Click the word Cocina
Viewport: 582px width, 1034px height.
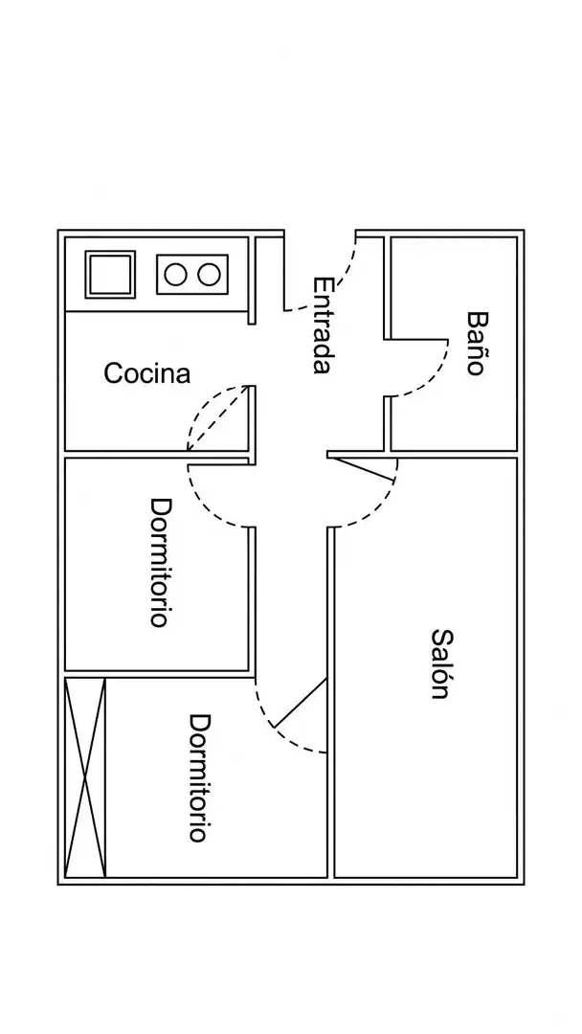tap(147, 373)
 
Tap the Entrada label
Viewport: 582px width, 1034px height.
tap(322, 326)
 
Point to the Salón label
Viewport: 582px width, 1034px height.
tap(442, 663)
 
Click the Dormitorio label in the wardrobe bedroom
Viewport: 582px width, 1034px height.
tap(200, 778)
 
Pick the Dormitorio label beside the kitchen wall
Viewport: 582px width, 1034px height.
tap(162, 562)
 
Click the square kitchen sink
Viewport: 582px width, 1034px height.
tap(110, 275)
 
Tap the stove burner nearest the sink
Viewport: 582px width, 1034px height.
tap(175, 275)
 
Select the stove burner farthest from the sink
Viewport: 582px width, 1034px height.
tap(209, 275)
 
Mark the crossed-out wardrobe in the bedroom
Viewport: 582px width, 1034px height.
tap(86, 778)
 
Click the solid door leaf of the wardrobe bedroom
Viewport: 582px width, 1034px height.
tap(300, 703)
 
